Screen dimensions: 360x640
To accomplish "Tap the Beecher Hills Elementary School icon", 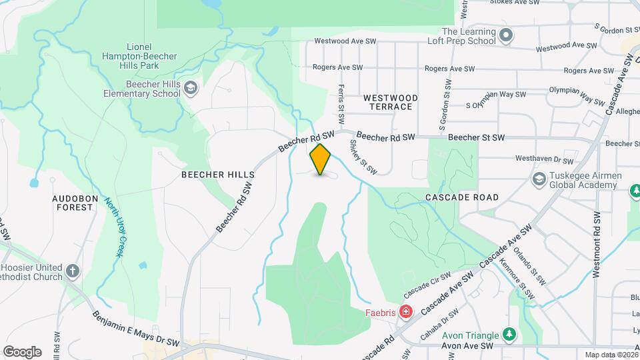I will (191, 88).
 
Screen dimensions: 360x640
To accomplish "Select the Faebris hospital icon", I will (405, 312).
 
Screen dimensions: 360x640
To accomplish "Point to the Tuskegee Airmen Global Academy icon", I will (539, 179).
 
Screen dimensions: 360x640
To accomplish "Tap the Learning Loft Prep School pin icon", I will (507, 35).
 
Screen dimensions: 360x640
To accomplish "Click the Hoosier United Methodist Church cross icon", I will (73, 271).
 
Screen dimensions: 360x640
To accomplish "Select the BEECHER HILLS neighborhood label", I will (218, 175).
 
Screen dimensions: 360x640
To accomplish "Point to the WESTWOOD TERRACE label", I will (391, 102).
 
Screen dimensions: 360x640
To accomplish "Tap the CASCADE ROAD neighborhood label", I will (462, 197).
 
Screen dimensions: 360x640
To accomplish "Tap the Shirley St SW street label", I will (364, 157).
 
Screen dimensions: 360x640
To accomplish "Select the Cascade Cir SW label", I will (427, 287).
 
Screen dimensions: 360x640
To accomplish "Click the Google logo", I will (22, 352).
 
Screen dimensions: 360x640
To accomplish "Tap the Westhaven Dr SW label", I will (545, 160).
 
